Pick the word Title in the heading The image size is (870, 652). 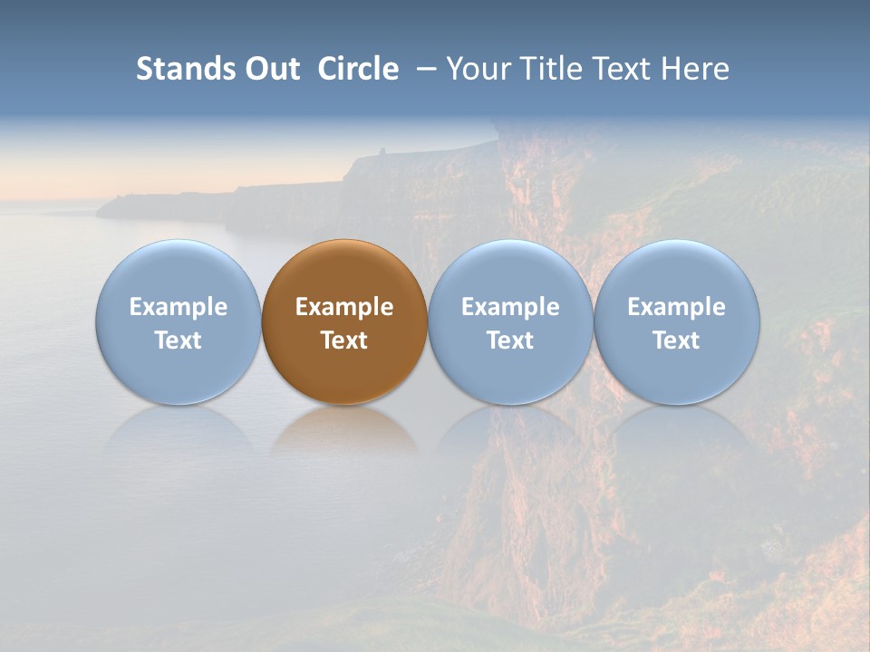(543, 69)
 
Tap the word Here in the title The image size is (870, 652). (695, 69)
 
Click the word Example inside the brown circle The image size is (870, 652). (344, 307)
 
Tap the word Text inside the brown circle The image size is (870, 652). (344, 340)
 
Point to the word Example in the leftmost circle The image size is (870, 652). (178, 307)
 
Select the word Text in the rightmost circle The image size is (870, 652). (677, 340)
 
